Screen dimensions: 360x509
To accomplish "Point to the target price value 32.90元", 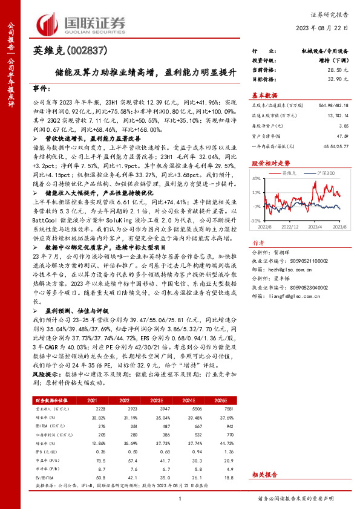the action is pos(337,79).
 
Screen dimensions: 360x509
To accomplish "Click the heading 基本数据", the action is pos(264,95).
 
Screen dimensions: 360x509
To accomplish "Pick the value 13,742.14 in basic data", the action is pos(338,115).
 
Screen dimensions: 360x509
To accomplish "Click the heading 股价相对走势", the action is pos(267,163).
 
